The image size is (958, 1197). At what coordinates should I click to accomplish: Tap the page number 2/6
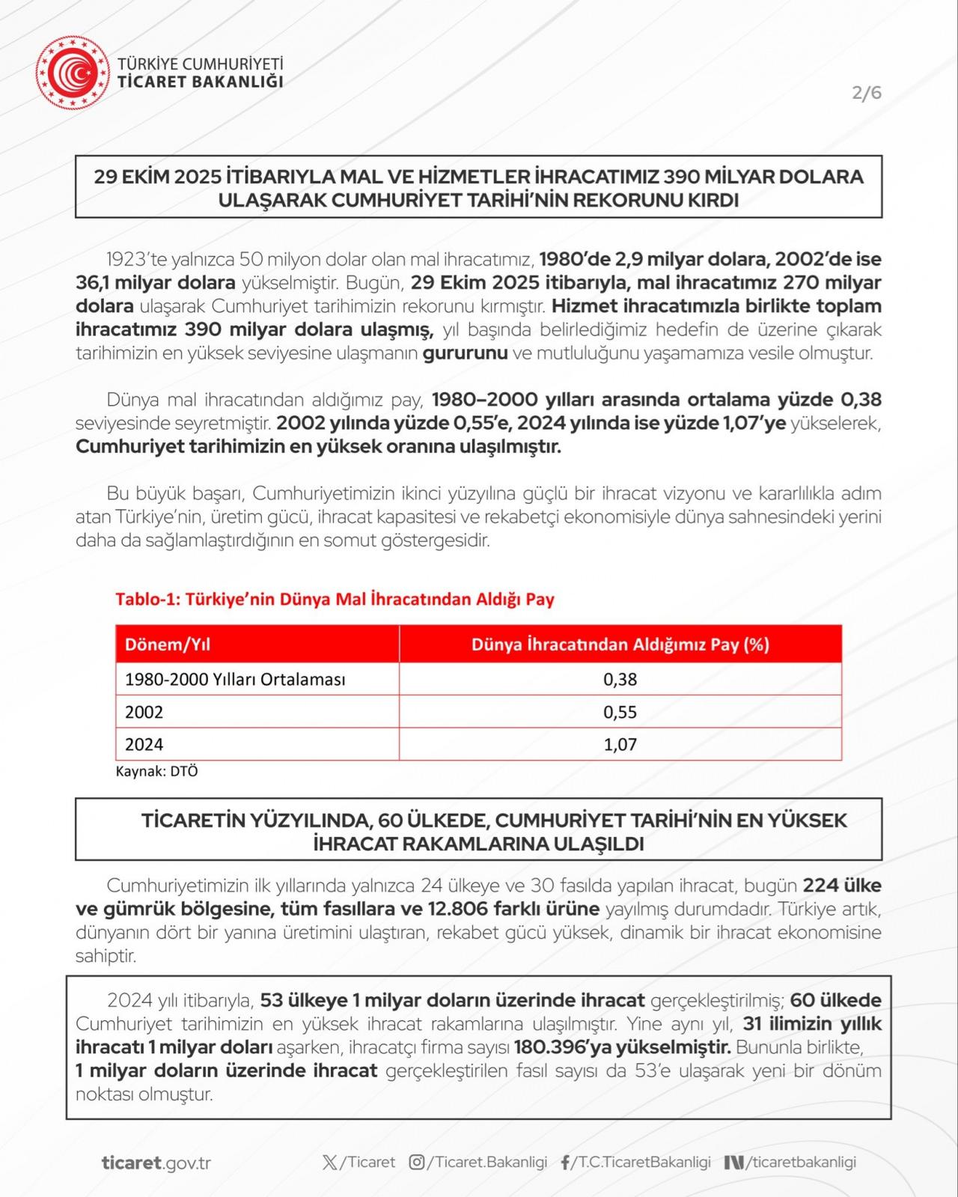coord(867,93)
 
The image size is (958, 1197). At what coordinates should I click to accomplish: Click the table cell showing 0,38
coord(620,680)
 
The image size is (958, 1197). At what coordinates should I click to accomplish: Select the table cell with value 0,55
coord(620,712)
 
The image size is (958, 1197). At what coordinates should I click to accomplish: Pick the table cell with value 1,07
coord(620,744)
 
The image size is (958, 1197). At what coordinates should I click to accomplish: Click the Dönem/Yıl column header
coord(162,645)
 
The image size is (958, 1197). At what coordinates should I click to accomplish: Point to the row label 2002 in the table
coord(144,712)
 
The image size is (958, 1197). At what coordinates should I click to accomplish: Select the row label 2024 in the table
coord(144,744)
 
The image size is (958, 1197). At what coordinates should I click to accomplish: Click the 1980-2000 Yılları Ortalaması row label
coord(235,680)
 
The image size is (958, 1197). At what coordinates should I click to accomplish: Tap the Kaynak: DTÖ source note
coord(156,771)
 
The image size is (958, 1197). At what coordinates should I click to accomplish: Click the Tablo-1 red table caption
coord(335,599)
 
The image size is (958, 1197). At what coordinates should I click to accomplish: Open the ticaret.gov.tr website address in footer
coord(156,1163)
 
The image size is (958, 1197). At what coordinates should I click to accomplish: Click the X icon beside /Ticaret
coord(329,1163)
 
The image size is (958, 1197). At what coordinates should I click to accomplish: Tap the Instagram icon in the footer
coord(417,1163)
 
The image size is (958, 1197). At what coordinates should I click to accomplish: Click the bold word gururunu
coord(465,353)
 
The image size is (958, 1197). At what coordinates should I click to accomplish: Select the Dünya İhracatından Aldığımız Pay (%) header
coord(620,645)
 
